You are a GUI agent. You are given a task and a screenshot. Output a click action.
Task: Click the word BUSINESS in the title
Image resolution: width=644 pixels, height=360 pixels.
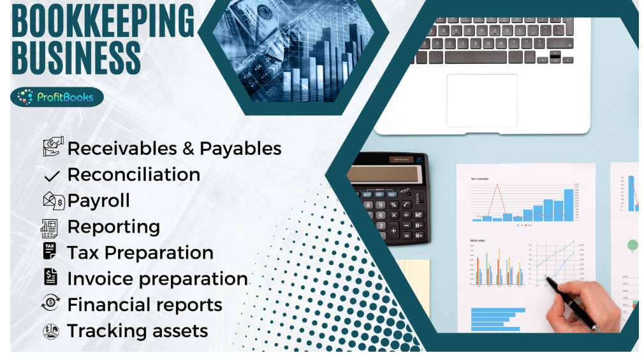tap(76, 57)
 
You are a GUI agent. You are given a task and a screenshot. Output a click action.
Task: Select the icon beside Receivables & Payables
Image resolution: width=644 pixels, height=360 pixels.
tap(51, 148)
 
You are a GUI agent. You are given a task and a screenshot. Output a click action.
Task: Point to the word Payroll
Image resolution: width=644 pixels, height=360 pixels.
tap(98, 201)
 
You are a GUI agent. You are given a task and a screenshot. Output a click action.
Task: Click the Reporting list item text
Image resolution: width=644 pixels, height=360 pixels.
tap(113, 227)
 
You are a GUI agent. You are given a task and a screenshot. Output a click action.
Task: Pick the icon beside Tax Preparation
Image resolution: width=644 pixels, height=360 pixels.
tap(50, 252)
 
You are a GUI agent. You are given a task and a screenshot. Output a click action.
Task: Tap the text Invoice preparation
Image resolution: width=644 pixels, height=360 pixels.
tap(157, 279)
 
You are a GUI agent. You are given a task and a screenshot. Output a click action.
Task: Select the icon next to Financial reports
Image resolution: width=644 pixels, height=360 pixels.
tap(50, 305)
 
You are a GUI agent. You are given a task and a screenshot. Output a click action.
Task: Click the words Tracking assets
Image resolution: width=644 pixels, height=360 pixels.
tap(138, 331)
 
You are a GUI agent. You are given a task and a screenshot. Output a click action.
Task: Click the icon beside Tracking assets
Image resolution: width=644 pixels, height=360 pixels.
tap(50, 331)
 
